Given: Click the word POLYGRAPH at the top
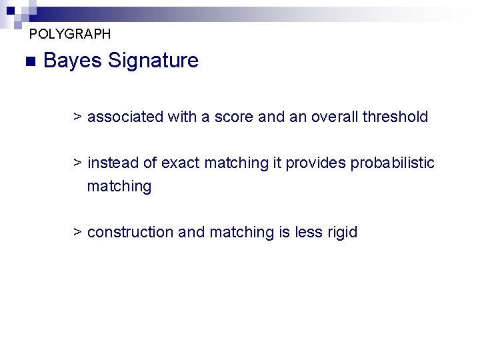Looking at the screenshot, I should click(70, 33).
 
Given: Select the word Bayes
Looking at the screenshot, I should click(72, 61).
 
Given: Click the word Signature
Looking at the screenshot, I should click(153, 61).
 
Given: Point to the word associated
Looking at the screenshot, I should click(125, 117).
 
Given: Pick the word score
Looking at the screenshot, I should click(234, 117).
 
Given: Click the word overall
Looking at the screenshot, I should click(333, 117).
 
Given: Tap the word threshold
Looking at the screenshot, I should click(395, 117).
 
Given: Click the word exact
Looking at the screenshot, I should click(181, 163).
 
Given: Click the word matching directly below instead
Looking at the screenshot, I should click(119, 187).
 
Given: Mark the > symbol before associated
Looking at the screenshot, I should click(77, 117).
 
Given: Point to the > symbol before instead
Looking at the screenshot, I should click(77, 163).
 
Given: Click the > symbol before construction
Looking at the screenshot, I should click(77, 233).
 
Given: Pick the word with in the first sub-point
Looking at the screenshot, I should click(182, 117).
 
